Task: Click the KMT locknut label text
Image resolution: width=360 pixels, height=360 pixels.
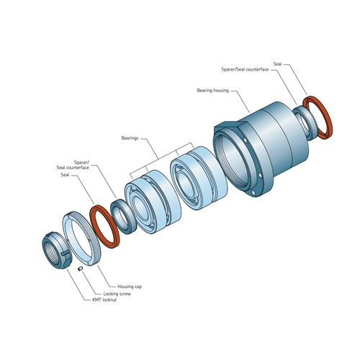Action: pos(104,300)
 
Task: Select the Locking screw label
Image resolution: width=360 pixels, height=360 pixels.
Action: pos(117,294)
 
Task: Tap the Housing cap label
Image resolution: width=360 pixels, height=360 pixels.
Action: pos(130,287)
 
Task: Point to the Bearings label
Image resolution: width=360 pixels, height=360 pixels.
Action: pos(130,138)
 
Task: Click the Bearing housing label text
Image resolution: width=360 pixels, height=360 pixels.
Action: pos(213,91)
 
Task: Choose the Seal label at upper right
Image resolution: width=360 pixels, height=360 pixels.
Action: pos(277,64)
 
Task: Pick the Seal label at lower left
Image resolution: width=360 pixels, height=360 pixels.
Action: pos(65,175)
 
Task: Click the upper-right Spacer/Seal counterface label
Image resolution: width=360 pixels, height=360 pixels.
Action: pos(245,69)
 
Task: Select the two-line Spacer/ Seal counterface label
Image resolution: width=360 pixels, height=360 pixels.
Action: pos(73,165)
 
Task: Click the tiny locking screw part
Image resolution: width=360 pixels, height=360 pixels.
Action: pos(81,269)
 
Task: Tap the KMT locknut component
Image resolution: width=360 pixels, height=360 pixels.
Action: pos(57,251)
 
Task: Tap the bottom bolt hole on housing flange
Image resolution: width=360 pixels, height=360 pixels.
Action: pos(253,192)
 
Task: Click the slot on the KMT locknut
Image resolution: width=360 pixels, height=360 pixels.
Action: pos(65,253)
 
